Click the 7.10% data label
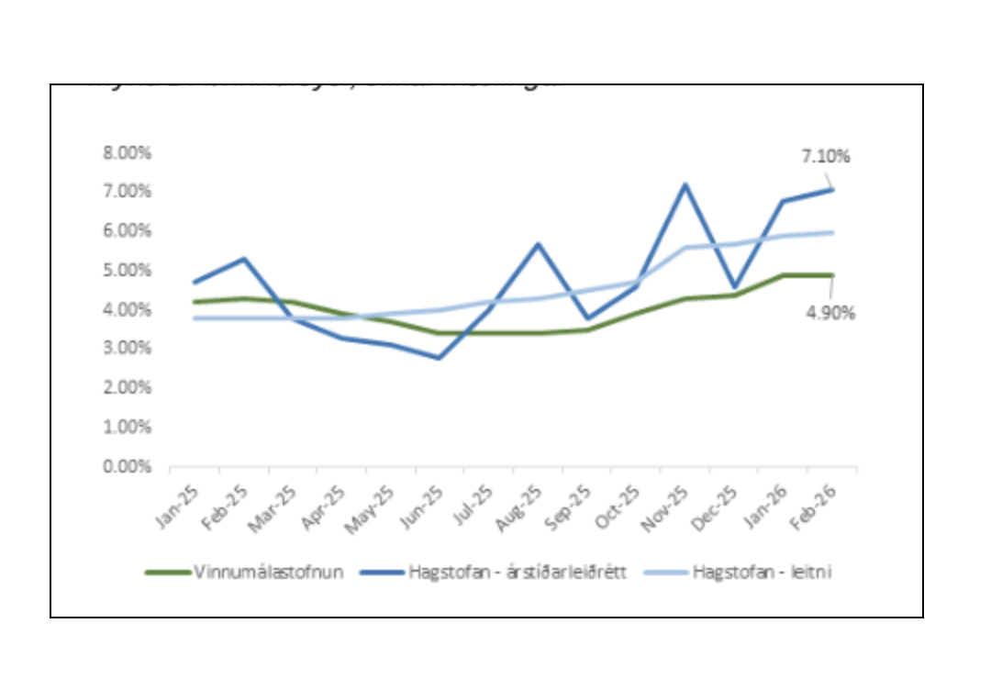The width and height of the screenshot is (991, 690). coord(826,157)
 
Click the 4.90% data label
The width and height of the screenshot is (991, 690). coord(830,313)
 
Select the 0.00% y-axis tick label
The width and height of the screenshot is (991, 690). coord(127,466)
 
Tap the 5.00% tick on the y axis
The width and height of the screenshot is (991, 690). coord(127,270)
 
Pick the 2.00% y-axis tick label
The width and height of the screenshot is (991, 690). coord(127,387)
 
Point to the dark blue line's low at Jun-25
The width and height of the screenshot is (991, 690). coord(440,358)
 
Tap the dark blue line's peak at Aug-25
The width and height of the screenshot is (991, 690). coord(538,244)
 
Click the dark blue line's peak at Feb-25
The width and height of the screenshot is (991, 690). coord(243,259)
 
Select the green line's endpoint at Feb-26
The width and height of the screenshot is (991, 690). coord(832,275)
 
